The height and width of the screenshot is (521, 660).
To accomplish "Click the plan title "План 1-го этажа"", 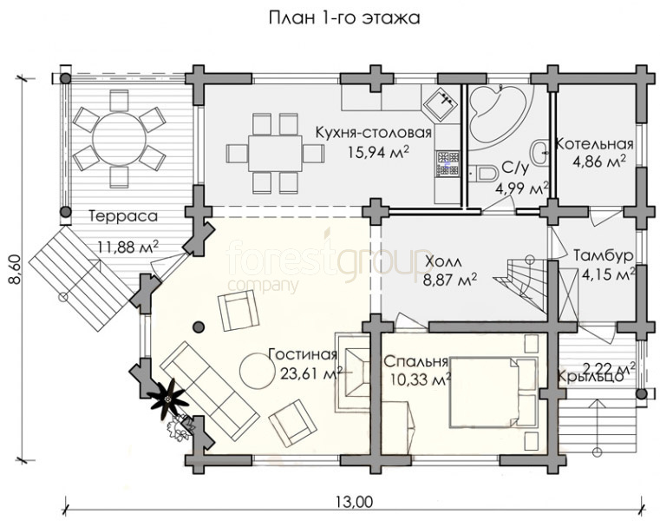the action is click(x=344, y=18).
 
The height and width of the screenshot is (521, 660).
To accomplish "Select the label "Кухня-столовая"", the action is click(x=374, y=132).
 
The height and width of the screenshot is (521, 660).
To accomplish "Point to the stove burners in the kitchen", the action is click(x=448, y=162).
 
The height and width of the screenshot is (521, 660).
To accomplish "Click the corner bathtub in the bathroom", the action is click(x=499, y=115).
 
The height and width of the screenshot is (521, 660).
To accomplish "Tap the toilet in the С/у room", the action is click(x=483, y=174).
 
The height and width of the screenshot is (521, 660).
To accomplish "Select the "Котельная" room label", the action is click(x=595, y=144).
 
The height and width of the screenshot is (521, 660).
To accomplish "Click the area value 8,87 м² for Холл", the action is click(x=450, y=280).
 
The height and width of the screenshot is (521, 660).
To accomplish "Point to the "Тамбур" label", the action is click(x=603, y=255).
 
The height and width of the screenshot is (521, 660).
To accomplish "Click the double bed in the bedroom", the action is click(x=493, y=392).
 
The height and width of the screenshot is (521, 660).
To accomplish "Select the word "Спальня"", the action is click(x=415, y=362).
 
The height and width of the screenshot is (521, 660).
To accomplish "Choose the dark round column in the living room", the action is click(x=199, y=326).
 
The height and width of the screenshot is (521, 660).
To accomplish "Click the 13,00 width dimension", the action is click(x=355, y=502).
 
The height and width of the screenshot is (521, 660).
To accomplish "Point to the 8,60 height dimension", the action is click(x=15, y=269).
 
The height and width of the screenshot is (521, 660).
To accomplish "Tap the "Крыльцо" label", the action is click(x=590, y=376).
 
